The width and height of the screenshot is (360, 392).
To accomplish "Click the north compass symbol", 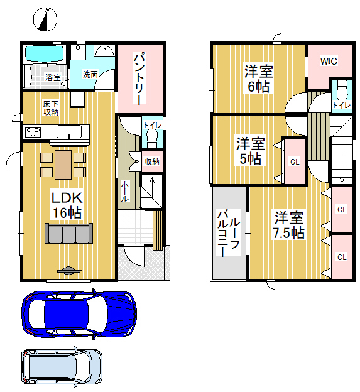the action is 45,19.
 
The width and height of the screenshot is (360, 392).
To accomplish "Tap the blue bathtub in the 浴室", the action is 45,53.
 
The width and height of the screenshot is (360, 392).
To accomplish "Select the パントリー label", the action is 139,79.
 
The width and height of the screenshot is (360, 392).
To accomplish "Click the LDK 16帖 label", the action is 67,205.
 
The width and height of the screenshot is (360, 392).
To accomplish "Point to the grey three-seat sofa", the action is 68,233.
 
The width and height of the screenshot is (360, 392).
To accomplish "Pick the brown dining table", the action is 63,165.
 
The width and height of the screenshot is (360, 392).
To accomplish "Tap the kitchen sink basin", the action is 69,131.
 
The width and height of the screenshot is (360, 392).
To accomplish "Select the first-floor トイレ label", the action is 152,125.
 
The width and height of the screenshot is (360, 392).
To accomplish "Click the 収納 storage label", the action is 152,161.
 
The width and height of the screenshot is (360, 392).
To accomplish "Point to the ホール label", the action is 125,191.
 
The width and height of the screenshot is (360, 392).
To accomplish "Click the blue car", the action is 79,314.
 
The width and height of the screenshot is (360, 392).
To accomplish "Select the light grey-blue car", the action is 62,367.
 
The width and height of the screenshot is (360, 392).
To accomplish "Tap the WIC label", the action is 329,61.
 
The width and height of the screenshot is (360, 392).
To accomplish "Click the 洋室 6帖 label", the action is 259,79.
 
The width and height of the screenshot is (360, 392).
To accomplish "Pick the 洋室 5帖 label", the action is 251,151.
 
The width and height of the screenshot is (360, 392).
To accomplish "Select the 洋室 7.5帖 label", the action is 288,225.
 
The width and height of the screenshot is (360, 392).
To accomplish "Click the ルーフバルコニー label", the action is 229,234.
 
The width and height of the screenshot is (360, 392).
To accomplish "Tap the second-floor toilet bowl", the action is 342,91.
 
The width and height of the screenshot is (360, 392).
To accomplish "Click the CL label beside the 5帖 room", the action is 295,162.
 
